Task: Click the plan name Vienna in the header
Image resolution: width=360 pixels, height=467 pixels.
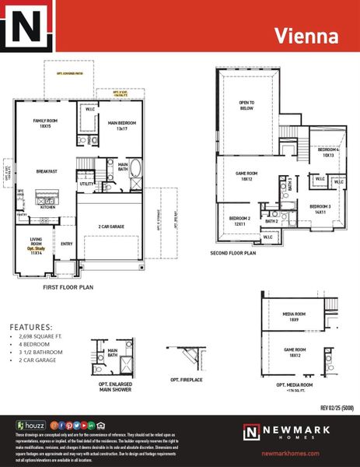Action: pyautogui.click(x=307, y=36)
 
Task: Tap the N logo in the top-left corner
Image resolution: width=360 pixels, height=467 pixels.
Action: pyautogui.click(x=29, y=30)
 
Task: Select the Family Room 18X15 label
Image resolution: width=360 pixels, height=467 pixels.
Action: pyautogui.click(x=47, y=124)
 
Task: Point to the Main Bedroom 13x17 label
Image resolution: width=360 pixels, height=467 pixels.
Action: pyautogui.click(x=123, y=125)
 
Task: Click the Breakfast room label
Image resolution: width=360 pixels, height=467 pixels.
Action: pyautogui.click(x=48, y=171)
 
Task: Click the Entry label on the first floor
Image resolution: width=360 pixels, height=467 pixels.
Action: pyautogui.click(x=68, y=243)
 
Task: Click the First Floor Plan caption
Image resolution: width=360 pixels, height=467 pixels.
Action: pyautogui.click(x=68, y=287)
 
